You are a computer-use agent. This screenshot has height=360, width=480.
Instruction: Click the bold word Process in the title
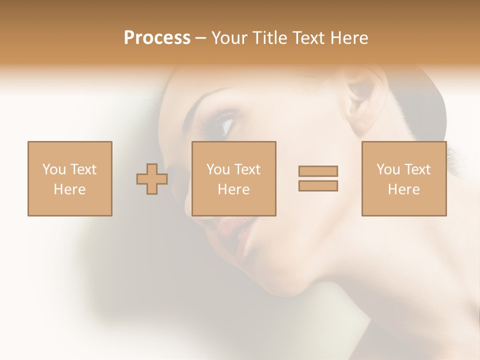157,38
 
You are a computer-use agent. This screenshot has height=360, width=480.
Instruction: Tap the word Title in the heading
270,38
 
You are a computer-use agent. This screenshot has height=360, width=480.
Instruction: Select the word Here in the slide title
348,38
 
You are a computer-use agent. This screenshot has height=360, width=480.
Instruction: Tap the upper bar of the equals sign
318,171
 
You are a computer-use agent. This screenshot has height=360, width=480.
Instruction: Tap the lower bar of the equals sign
318,186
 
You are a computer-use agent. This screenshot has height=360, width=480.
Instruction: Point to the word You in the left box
53,169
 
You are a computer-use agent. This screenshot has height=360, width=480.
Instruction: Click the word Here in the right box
403,189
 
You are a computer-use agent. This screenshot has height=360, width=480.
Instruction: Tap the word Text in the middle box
248,169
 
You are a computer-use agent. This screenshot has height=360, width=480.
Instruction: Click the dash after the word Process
200,38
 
